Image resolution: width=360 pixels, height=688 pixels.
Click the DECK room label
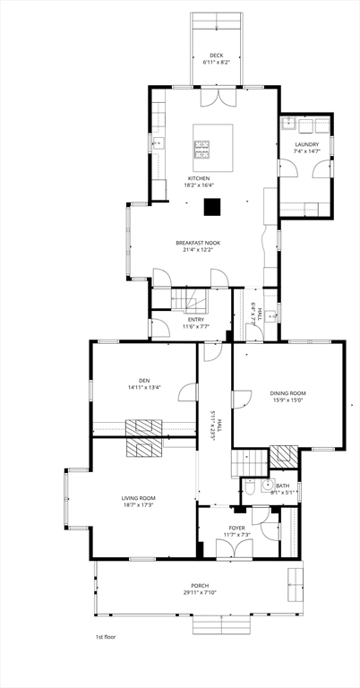click(x=217, y=56)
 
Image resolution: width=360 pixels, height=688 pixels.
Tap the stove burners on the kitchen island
click(x=202, y=150)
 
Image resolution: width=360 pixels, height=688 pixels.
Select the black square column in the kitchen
click(x=212, y=207)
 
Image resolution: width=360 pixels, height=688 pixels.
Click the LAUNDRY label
click(x=307, y=144)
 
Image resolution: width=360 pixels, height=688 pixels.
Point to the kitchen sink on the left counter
click(x=159, y=142)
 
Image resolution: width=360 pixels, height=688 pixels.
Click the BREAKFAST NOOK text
click(x=198, y=243)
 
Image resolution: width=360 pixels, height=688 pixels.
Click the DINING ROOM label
click(x=287, y=393)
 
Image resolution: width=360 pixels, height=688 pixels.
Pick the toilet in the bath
click(x=249, y=487)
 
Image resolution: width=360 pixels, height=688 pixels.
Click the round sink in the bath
click(x=268, y=486)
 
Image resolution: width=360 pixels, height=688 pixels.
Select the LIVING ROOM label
click(x=139, y=498)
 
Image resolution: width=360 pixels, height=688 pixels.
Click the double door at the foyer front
click(x=235, y=549)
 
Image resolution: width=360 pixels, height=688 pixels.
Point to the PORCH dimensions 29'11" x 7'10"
click(x=200, y=592)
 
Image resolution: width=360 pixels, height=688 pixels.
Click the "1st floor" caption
click(x=107, y=637)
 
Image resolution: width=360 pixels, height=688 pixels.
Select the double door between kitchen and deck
click(x=219, y=98)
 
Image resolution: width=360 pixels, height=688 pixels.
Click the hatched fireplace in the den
click(x=144, y=428)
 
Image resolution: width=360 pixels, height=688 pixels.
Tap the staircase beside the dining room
click(x=250, y=463)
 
